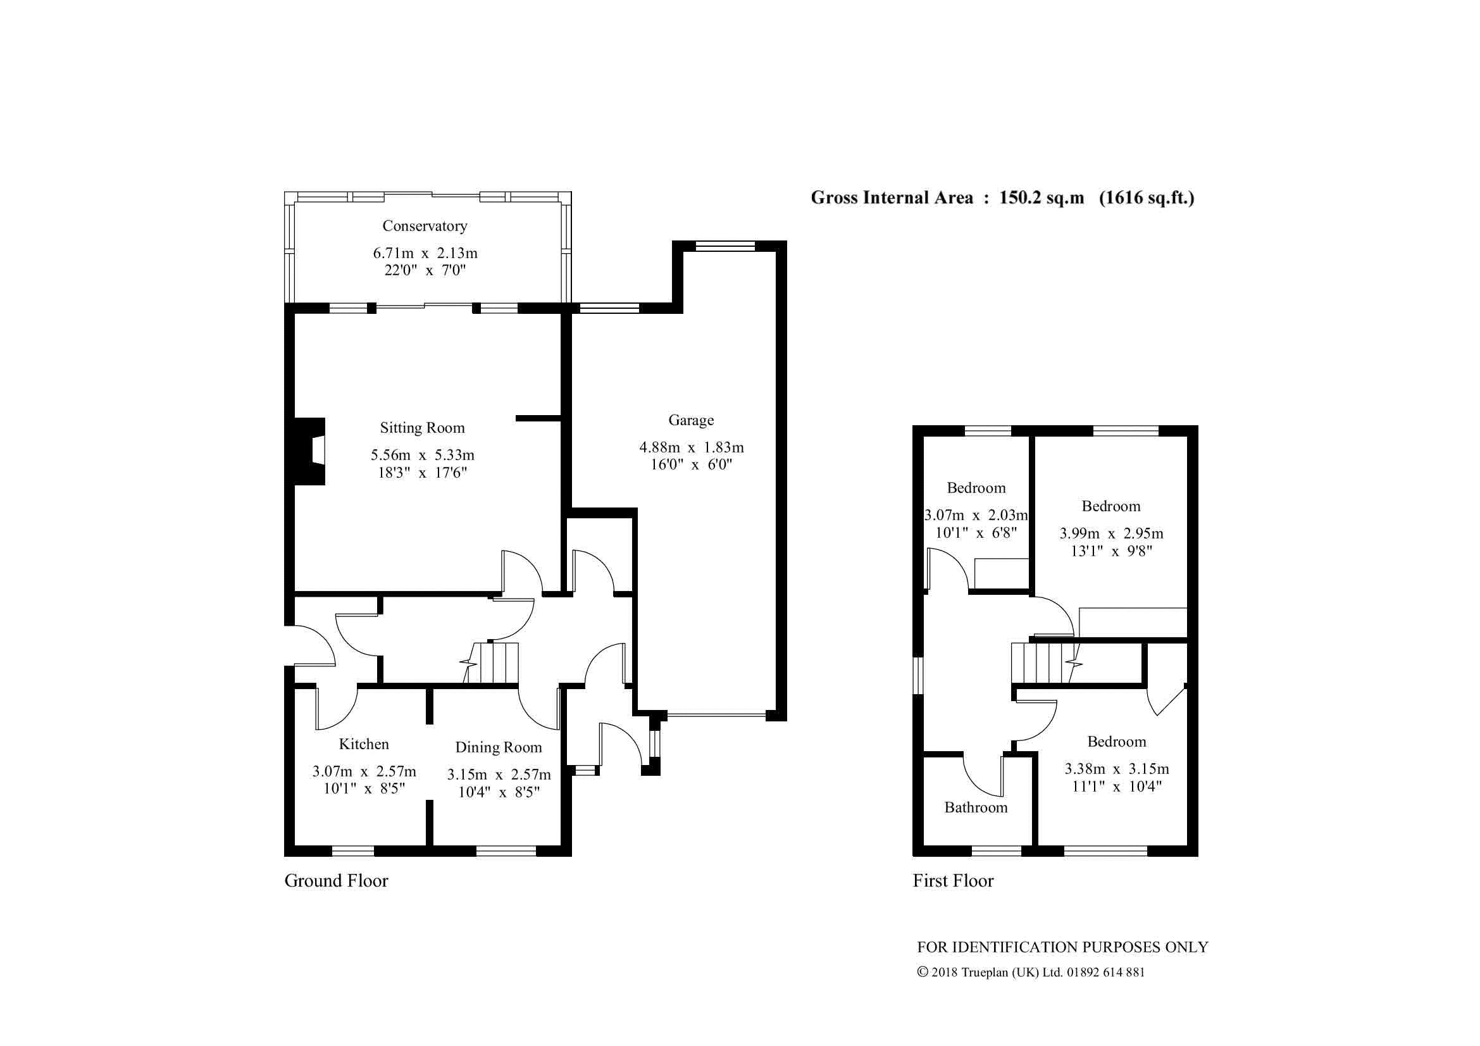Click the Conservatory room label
click(x=425, y=225)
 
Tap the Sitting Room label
click(x=422, y=428)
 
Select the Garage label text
click(x=691, y=420)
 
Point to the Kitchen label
click(x=364, y=744)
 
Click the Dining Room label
click(x=498, y=747)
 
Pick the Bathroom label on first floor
click(x=976, y=807)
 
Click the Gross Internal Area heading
click(x=1002, y=198)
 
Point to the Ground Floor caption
click(x=337, y=881)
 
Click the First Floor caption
click(x=954, y=881)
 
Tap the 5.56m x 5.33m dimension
click(x=422, y=455)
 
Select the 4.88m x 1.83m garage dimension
click(x=692, y=447)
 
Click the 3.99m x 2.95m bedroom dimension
click(x=1111, y=533)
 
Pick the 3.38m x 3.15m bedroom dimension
click(x=1117, y=769)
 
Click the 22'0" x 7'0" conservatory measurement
click(x=425, y=270)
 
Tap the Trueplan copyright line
click(x=1031, y=973)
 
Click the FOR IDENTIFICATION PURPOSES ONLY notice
click(x=1063, y=947)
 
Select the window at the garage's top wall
click(x=725, y=246)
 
